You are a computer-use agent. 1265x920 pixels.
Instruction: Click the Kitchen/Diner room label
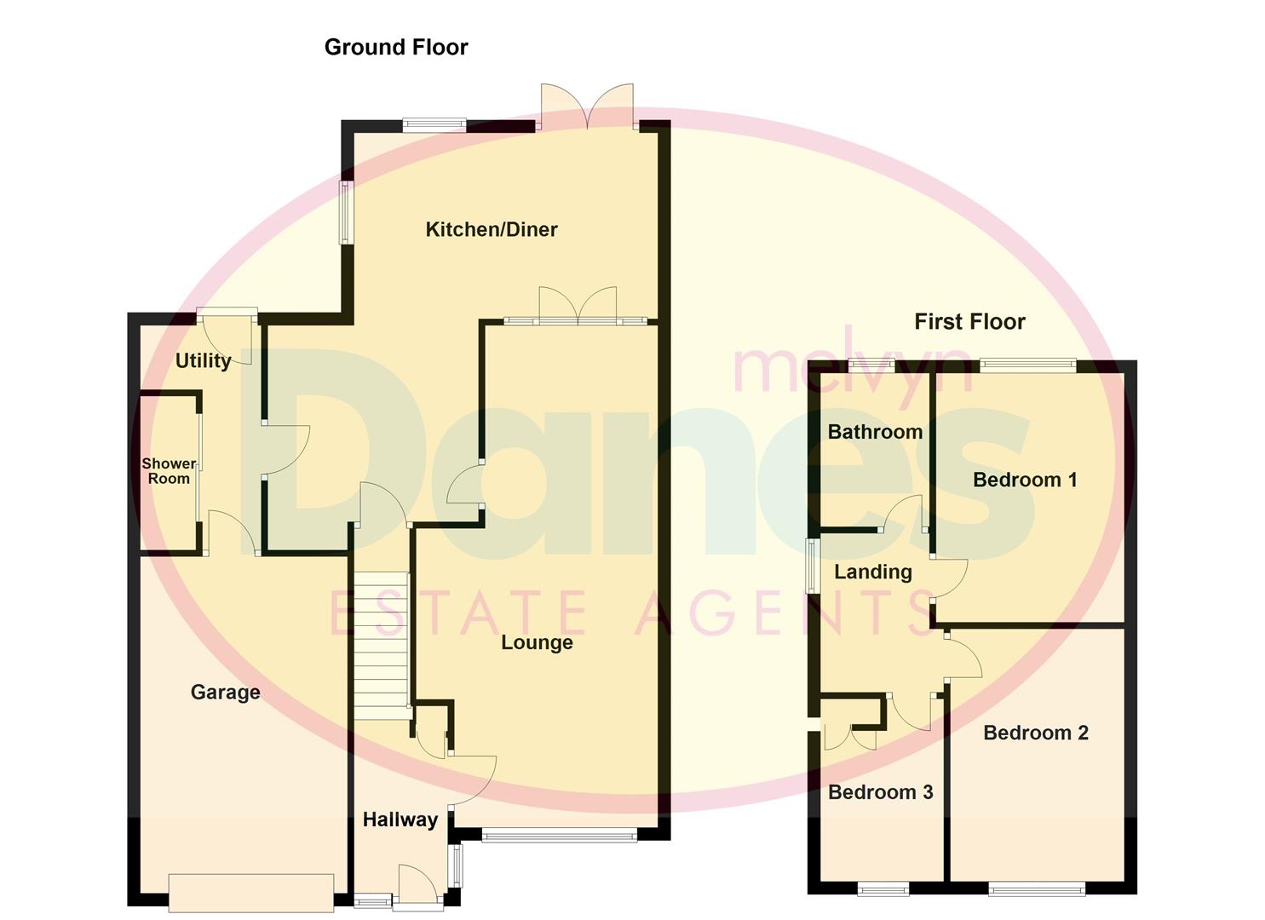(492, 229)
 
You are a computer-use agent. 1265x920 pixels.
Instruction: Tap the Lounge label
(537, 642)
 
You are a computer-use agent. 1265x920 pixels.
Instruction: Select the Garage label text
(225, 692)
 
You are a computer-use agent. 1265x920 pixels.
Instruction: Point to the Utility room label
(203, 360)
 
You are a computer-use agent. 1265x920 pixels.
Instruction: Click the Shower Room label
(169, 471)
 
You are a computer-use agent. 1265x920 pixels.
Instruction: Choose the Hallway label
(400, 819)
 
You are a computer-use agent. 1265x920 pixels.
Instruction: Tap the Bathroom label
(875, 432)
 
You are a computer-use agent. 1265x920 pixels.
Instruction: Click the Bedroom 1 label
(1025, 480)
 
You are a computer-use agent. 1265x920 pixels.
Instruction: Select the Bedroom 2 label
(1036, 733)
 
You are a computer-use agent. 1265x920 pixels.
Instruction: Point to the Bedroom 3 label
(880, 792)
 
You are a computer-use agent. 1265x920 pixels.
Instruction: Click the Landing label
(872, 572)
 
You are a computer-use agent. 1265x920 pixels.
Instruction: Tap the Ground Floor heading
(396, 47)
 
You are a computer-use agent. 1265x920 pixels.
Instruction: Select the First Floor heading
(969, 321)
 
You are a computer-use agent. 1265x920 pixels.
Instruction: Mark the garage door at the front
(250, 892)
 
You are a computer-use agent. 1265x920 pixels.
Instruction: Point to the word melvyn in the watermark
(851, 367)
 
